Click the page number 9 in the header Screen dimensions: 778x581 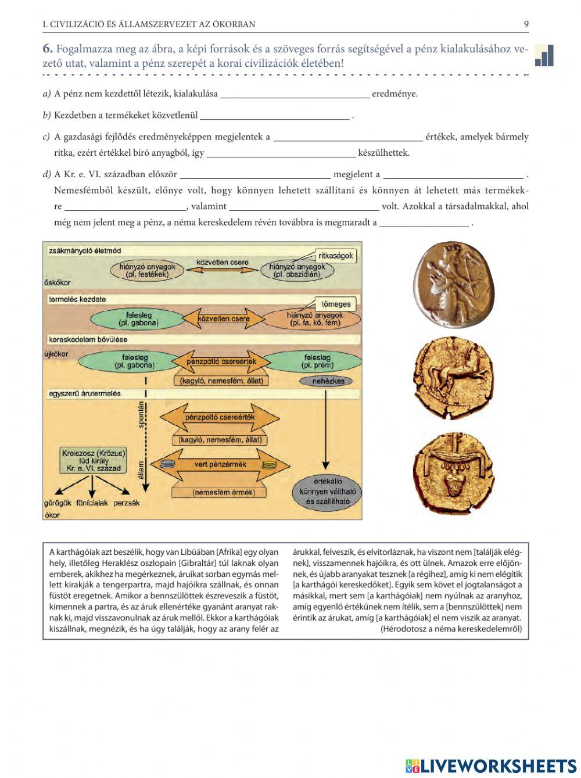pyautogui.click(x=526, y=24)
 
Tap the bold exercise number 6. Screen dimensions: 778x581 pyautogui.click(x=48, y=49)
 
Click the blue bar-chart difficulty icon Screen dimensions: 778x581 pyautogui.click(x=544, y=55)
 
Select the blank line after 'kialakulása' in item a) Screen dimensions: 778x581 pyautogui.click(x=295, y=95)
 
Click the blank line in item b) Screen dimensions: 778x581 pyautogui.click(x=275, y=116)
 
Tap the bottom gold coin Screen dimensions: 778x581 pyautogui.click(x=453, y=473)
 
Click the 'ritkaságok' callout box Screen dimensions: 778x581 pyautogui.click(x=335, y=256)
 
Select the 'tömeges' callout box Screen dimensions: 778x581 pyautogui.click(x=336, y=304)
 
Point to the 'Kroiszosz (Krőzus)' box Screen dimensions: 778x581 pyautogui.click(x=94, y=460)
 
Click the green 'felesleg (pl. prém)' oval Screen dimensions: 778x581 pyautogui.click(x=317, y=361)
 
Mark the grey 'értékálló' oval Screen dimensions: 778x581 pyautogui.click(x=327, y=492)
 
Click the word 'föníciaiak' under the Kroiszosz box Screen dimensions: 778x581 pyautogui.click(x=92, y=503)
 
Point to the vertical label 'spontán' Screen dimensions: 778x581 pyautogui.click(x=141, y=415)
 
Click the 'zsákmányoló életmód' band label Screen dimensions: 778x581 pyautogui.click(x=85, y=250)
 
